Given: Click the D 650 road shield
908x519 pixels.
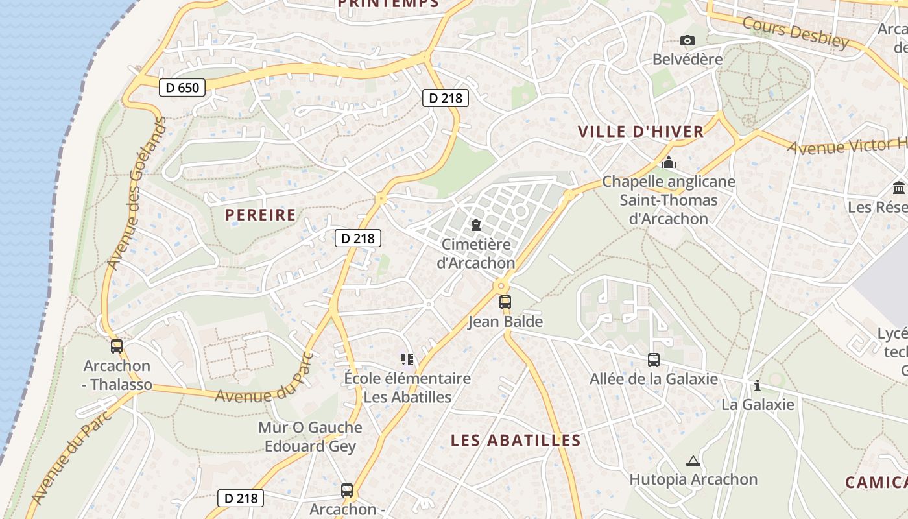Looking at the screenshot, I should click(x=182, y=87).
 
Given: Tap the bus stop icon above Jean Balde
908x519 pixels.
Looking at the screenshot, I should click(x=505, y=302).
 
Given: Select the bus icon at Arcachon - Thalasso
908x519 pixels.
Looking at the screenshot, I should click(x=117, y=346).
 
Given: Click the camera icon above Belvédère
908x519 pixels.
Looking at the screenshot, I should click(x=687, y=41).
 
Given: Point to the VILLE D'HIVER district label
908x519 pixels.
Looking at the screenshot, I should click(x=641, y=132).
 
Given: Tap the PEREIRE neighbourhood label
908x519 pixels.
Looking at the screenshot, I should click(x=260, y=215).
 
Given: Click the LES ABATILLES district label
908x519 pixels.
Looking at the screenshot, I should click(x=516, y=441).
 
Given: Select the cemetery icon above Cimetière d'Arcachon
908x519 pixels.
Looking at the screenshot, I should click(x=477, y=226).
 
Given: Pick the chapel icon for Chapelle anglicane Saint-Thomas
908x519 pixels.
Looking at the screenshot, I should click(x=669, y=162).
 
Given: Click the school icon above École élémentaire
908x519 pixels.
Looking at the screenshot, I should click(x=407, y=359).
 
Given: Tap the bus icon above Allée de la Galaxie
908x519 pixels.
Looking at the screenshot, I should click(x=654, y=359).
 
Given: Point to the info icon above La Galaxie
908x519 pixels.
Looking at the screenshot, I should click(x=758, y=386).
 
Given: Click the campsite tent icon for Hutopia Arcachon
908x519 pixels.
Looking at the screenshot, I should click(x=693, y=461).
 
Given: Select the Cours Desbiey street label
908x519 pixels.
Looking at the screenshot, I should click(x=795, y=32).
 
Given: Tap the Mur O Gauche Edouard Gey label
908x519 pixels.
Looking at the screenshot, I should click(x=310, y=437).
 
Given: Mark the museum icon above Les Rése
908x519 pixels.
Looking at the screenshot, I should click(x=899, y=188).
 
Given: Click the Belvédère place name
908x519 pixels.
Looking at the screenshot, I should click(x=687, y=59).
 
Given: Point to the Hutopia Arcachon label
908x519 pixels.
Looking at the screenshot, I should click(x=693, y=479).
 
